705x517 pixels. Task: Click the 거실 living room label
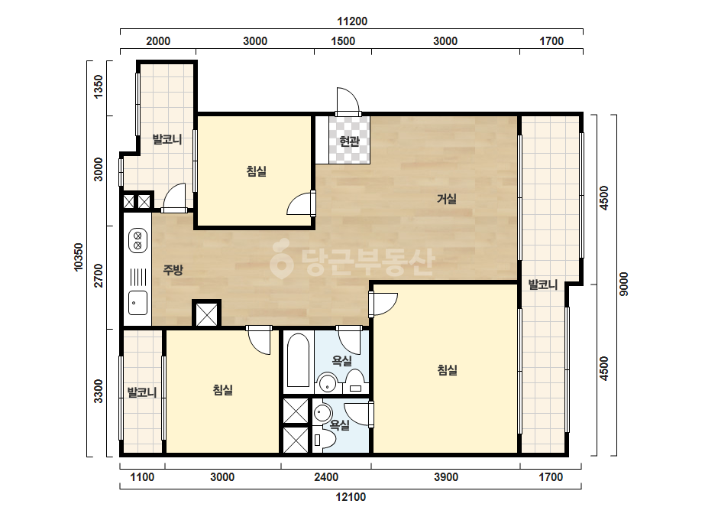coord(447,199)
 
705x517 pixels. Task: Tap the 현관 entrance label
coord(349,141)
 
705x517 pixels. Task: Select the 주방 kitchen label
coord(173,270)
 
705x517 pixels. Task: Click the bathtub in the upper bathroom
coord(298,359)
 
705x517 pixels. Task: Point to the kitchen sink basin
coord(137,303)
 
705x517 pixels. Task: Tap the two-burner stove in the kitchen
coord(137,240)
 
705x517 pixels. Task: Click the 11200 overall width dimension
coord(352,21)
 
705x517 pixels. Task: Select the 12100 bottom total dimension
coord(351,497)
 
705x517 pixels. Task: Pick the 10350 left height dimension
coord(79,257)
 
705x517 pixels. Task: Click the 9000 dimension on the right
coord(623,285)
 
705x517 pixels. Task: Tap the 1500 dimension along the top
coord(343,41)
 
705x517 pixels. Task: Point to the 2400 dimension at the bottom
coord(326,477)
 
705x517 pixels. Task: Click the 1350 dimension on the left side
coord(98,86)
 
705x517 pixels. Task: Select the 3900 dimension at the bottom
coord(446,477)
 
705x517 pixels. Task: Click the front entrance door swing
coord(349,101)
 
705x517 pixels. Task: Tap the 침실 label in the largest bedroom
coord(447,370)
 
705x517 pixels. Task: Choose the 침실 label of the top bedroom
coord(257,171)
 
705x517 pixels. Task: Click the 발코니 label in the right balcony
coord(542,285)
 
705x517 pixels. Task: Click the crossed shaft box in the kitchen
coord(207,314)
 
